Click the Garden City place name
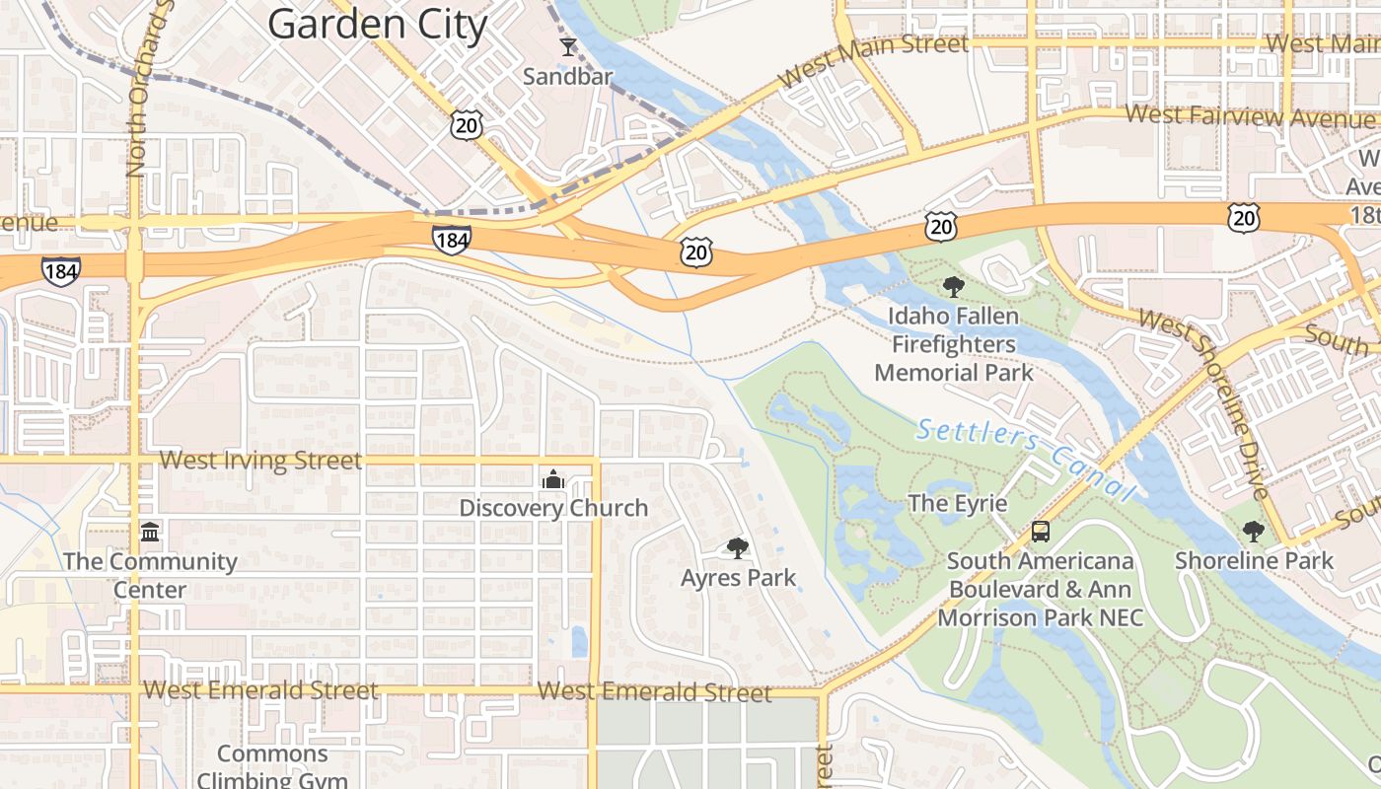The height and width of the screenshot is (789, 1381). [x=378, y=24]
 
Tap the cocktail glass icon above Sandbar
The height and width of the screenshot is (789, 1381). [x=567, y=46]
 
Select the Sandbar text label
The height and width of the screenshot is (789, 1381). [x=567, y=76]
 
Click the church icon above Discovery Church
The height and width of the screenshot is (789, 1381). [x=553, y=479]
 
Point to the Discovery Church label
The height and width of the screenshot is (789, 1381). [x=553, y=508]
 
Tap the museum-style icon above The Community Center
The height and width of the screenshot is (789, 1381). [x=150, y=533]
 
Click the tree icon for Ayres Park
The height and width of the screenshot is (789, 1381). [x=737, y=548]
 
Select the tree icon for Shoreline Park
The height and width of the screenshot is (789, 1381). [x=1253, y=532]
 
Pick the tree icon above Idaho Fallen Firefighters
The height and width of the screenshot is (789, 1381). [x=953, y=287]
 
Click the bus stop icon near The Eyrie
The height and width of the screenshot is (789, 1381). [x=1040, y=532]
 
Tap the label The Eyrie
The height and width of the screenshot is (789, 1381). [x=957, y=503]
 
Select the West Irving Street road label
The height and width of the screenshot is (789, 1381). [x=260, y=460]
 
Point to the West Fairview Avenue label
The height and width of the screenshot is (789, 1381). [x=1248, y=116]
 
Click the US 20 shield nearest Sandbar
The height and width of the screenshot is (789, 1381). [x=468, y=123]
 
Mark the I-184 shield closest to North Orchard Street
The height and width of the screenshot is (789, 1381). [x=61, y=270]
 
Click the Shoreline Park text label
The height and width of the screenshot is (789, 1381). [x=1253, y=560]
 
